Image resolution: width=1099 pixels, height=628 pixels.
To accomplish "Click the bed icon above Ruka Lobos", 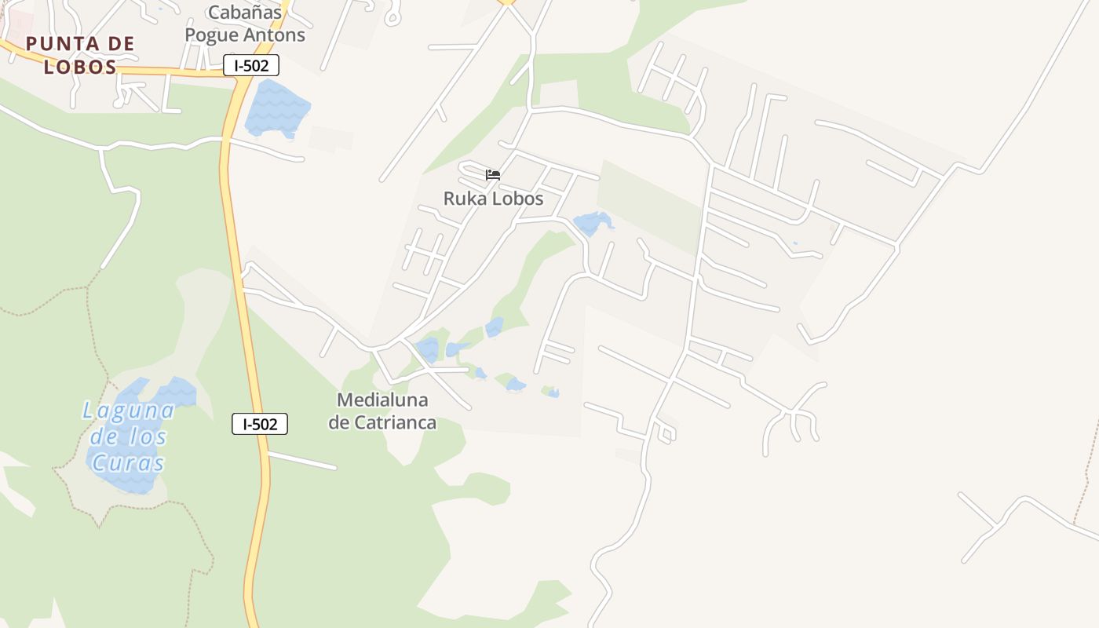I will click(493, 174).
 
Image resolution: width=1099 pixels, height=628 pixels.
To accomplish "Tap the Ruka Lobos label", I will click(493, 199).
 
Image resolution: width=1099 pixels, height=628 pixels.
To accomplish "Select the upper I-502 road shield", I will click(251, 66).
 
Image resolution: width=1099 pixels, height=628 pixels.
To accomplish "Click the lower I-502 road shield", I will click(260, 425).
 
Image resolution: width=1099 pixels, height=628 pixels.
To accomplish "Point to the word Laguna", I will click(129, 410).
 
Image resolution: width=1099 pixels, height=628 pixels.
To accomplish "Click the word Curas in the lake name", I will click(128, 463).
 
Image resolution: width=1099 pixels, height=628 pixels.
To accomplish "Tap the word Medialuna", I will click(382, 400).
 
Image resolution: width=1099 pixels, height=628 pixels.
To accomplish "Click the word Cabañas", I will click(244, 13).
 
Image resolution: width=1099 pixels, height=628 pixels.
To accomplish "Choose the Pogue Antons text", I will click(244, 35).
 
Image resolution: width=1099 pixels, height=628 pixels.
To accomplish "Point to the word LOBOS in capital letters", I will click(80, 67).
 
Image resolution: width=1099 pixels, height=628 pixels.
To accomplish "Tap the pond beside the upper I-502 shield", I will click(276, 107).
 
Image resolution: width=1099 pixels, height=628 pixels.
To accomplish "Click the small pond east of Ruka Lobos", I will click(592, 223).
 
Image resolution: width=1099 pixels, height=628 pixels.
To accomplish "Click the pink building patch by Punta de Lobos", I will click(19, 24).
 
